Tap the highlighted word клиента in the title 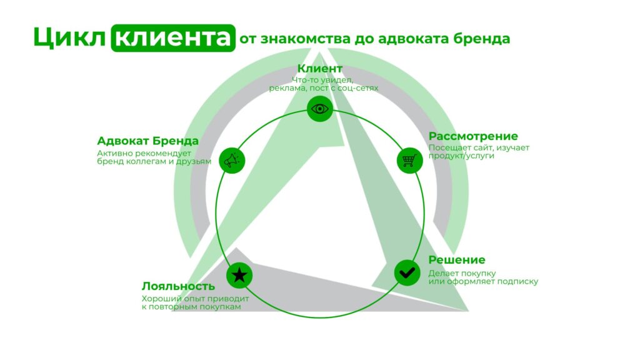point(172,37)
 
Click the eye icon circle point(320,109)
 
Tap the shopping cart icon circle point(409,160)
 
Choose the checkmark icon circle point(407,272)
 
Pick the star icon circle point(239,275)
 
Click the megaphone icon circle point(231,161)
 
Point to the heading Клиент point(320,68)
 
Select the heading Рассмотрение point(473,136)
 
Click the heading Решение point(457,260)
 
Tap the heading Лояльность point(178,286)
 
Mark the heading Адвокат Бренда point(148,141)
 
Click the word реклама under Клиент point(287,88)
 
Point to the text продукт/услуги point(461,156)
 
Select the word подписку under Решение point(517,281)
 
